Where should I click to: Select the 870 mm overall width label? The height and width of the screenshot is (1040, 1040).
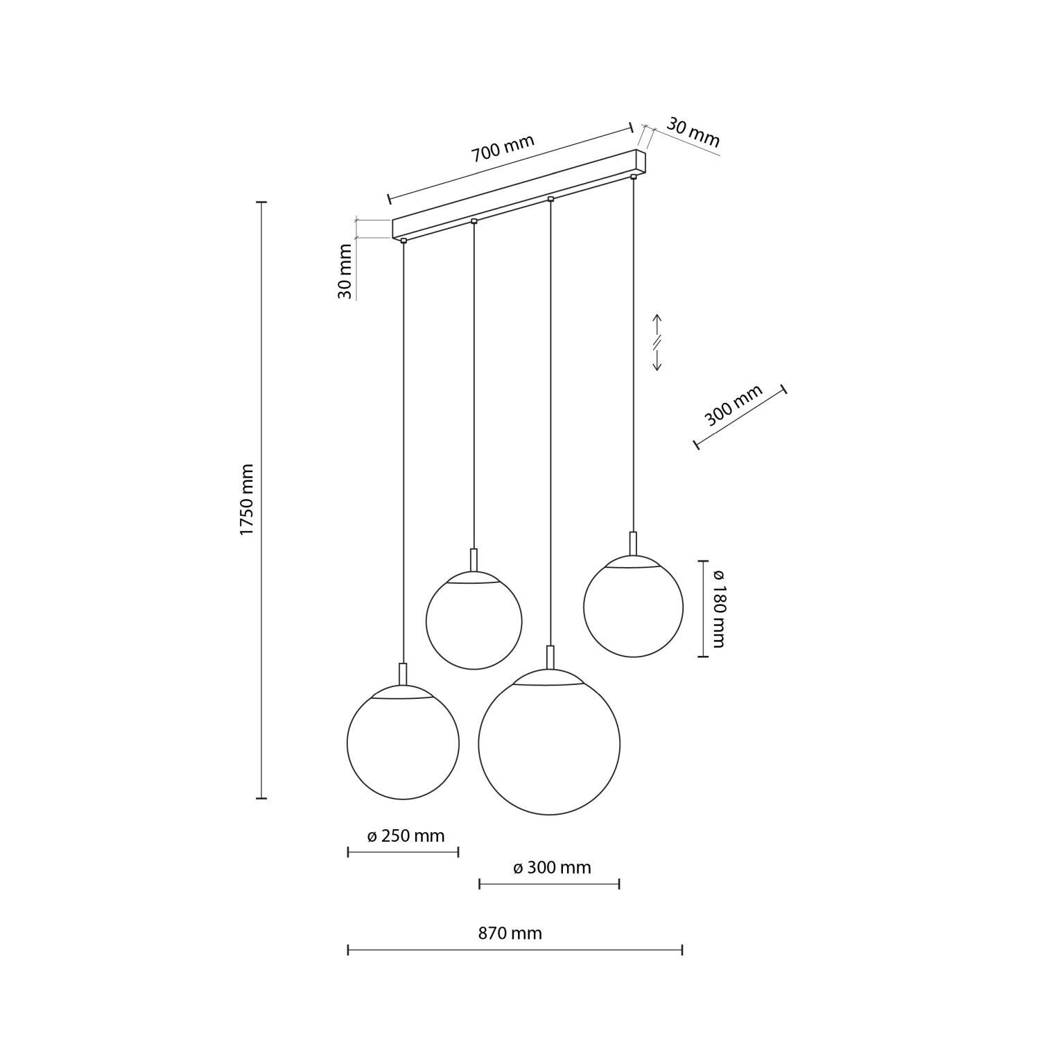point(510,933)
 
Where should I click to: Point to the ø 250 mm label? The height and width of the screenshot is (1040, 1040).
point(406,835)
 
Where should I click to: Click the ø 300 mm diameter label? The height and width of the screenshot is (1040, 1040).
point(552,867)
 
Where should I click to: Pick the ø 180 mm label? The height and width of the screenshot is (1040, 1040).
point(718,608)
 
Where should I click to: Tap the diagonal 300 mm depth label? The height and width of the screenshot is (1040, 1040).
point(733,406)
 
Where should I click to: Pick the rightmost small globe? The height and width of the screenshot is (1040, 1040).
point(633,607)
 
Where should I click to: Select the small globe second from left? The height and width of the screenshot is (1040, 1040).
point(474,621)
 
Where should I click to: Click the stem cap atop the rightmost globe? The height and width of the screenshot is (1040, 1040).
point(633,543)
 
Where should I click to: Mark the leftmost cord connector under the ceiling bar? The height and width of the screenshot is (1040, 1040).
point(403,241)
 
